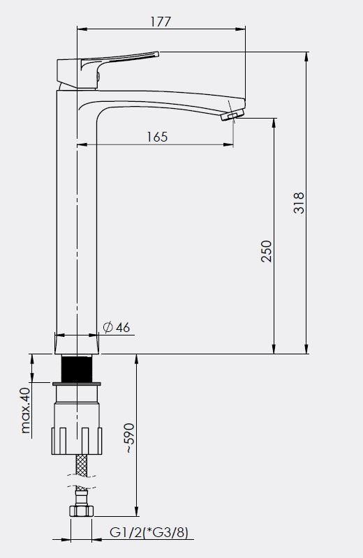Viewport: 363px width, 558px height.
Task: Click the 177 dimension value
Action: (x=161, y=22)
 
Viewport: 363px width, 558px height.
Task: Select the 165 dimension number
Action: (x=157, y=137)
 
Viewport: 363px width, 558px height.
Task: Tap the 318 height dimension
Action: (x=299, y=203)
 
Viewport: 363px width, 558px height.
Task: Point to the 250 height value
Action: (x=266, y=251)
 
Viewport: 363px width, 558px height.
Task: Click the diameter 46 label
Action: (x=117, y=327)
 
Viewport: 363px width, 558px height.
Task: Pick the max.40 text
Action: (x=26, y=410)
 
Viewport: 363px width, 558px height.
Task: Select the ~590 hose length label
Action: (x=130, y=438)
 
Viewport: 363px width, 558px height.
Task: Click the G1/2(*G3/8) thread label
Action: (x=149, y=533)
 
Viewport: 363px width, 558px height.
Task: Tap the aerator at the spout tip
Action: (x=232, y=115)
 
